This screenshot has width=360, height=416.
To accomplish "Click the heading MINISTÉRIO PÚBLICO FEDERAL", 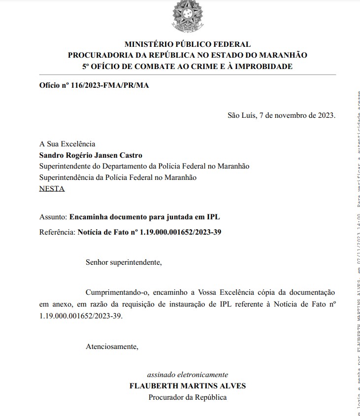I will [187, 44].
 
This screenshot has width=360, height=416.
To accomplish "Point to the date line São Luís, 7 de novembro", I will [281, 115].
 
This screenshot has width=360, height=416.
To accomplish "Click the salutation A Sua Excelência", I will [67, 144].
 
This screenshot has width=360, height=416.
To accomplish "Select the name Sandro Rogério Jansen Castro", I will [91, 155].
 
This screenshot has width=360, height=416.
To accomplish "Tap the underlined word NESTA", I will [52, 188].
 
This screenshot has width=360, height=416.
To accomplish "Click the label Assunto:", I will [53, 216].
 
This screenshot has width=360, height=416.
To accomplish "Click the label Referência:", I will [57, 231].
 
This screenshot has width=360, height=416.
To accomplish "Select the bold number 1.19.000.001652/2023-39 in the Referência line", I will [181, 231].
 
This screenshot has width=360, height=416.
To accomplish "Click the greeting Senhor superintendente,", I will [124, 262].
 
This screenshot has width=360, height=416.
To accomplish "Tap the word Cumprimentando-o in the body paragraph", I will [116, 293].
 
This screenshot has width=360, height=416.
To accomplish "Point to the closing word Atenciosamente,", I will [112, 347].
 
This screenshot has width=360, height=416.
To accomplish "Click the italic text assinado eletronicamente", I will [187, 375].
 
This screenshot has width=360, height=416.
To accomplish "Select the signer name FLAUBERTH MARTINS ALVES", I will [187, 386].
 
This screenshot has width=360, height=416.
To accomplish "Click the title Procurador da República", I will [187, 397].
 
